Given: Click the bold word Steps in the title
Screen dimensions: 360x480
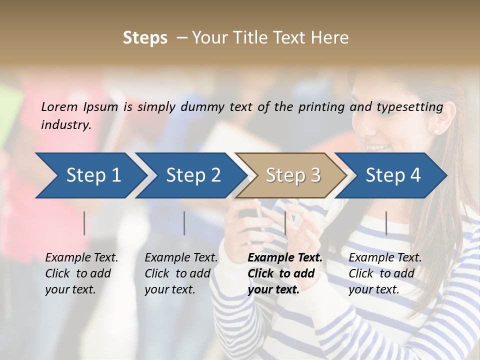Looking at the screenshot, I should pos(145,38).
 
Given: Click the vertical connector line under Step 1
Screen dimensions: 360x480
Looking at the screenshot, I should pos(84,223).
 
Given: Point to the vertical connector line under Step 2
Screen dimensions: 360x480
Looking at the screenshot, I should pos(184,223).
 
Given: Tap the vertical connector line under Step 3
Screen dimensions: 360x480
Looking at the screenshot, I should pos(285,223).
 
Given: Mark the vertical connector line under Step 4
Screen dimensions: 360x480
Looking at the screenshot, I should pos(386,223).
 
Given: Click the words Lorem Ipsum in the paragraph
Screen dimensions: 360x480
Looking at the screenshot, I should pos(79,107).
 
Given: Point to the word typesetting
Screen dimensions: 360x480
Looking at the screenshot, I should pos(409,107).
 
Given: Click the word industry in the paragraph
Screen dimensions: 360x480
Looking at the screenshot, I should pos(65,124).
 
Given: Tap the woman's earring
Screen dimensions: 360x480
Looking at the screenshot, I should pos(435,131).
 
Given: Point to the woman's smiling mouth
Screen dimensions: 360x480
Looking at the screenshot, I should pos(378,147).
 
